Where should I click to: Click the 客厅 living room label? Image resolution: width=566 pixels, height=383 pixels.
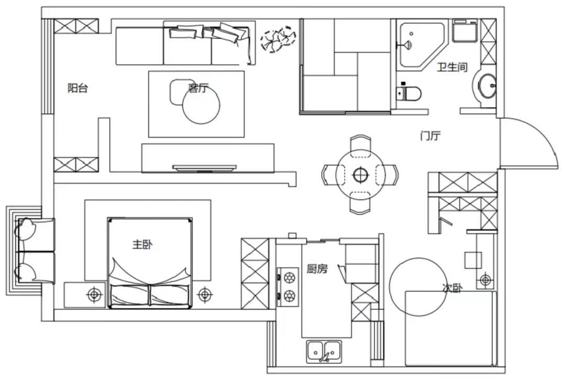point(199,87)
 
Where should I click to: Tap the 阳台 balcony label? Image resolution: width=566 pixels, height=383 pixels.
point(78,87)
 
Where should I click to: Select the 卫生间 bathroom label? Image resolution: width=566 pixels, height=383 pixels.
point(452,67)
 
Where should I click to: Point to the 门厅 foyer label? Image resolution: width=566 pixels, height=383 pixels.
point(430,136)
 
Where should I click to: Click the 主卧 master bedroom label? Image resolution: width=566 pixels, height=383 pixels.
point(142,245)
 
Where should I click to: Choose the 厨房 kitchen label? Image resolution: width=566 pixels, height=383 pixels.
point(317,269)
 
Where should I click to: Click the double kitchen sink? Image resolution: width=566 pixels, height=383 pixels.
point(324,351)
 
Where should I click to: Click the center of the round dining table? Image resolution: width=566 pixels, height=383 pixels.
point(360,175)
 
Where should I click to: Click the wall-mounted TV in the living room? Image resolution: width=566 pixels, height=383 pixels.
point(204,167)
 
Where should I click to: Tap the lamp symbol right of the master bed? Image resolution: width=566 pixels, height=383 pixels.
point(205,295)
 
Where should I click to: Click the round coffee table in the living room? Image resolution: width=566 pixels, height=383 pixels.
point(201,105)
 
